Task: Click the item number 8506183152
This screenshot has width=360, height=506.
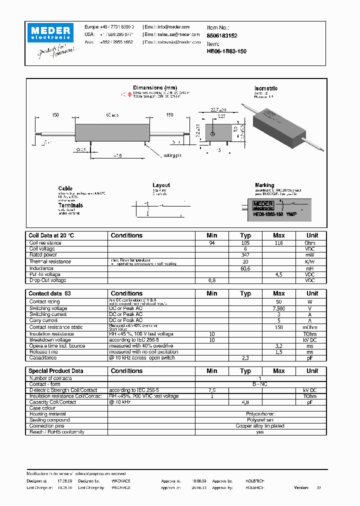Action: (x=222, y=36)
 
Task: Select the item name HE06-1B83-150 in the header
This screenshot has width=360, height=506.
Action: (x=226, y=51)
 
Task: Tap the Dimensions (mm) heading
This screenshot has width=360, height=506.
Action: (x=155, y=88)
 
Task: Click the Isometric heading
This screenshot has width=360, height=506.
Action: (x=266, y=88)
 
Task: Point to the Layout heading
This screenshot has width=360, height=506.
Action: (x=161, y=185)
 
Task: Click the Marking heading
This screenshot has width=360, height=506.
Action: (x=264, y=185)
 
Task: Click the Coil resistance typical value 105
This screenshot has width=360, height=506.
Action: (x=245, y=243)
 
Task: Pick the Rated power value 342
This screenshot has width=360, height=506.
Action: (x=245, y=255)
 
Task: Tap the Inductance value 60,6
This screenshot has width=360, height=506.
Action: (x=245, y=268)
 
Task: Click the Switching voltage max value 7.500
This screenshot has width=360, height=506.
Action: (x=278, y=308)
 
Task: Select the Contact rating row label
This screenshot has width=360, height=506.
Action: (x=44, y=302)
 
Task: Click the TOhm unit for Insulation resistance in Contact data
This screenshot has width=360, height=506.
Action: (x=311, y=334)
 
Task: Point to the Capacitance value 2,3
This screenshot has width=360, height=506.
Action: (x=245, y=358)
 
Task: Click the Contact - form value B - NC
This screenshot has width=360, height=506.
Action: (x=260, y=384)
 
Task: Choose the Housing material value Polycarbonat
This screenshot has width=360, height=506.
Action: (x=260, y=414)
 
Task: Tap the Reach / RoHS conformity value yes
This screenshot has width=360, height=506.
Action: (x=260, y=432)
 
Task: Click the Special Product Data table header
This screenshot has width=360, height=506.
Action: (x=56, y=371)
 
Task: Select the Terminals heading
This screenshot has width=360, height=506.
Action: (x=70, y=205)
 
